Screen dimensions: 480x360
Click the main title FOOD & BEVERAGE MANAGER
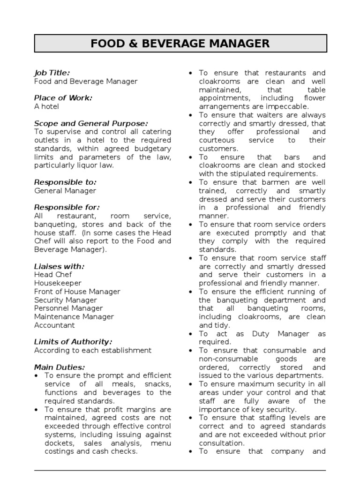(180, 44)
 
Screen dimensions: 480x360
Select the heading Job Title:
(52, 73)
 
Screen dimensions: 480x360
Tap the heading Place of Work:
(63, 98)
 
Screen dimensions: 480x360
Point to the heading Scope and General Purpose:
(91, 123)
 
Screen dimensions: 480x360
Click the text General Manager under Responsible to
(65, 191)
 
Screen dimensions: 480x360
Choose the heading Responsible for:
(67, 207)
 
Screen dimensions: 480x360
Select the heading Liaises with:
(59, 266)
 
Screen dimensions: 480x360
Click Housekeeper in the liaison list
(58, 283)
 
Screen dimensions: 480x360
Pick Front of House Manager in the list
(77, 292)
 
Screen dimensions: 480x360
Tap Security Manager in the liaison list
(65, 300)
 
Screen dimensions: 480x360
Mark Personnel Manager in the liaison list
(68, 308)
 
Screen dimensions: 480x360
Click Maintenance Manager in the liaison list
(74, 317)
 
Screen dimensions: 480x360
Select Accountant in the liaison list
(54, 325)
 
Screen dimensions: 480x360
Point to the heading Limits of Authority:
(73, 342)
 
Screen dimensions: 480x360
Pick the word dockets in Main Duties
(58, 443)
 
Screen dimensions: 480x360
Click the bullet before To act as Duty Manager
(190, 334)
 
